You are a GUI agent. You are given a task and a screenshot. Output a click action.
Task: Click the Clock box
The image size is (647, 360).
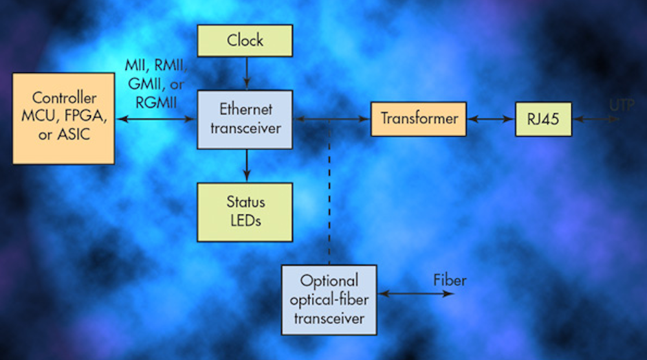click(x=245, y=40)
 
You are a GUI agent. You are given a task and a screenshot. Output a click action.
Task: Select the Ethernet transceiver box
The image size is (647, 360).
click(x=246, y=120)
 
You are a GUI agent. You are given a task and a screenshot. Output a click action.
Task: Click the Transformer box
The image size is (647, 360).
click(x=418, y=119)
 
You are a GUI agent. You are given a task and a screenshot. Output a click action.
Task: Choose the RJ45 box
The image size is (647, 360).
click(x=543, y=119)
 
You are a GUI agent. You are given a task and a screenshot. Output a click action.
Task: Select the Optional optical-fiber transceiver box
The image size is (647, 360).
click(x=329, y=300)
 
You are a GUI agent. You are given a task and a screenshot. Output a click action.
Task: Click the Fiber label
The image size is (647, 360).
click(x=450, y=280)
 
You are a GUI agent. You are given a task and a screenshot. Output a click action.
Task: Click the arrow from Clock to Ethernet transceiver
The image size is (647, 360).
click(x=246, y=73)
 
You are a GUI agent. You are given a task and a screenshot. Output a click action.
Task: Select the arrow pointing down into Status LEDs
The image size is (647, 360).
click(x=246, y=166)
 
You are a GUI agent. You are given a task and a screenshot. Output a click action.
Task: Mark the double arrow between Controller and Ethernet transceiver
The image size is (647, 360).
click(x=155, y=119)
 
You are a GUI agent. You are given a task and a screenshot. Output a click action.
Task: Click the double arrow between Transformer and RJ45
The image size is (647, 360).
click(x=490, y=119)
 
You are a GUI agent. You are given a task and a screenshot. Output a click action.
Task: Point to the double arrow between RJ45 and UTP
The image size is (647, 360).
click(x=596, y=119)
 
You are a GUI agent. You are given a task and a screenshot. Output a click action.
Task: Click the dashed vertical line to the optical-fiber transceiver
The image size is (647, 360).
click(x=329, y=194)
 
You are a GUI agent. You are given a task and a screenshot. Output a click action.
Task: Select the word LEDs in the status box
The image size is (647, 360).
click(x=245, y=220)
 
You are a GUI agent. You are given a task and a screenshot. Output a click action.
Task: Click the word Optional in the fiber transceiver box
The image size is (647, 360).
click(x=329, y=282)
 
